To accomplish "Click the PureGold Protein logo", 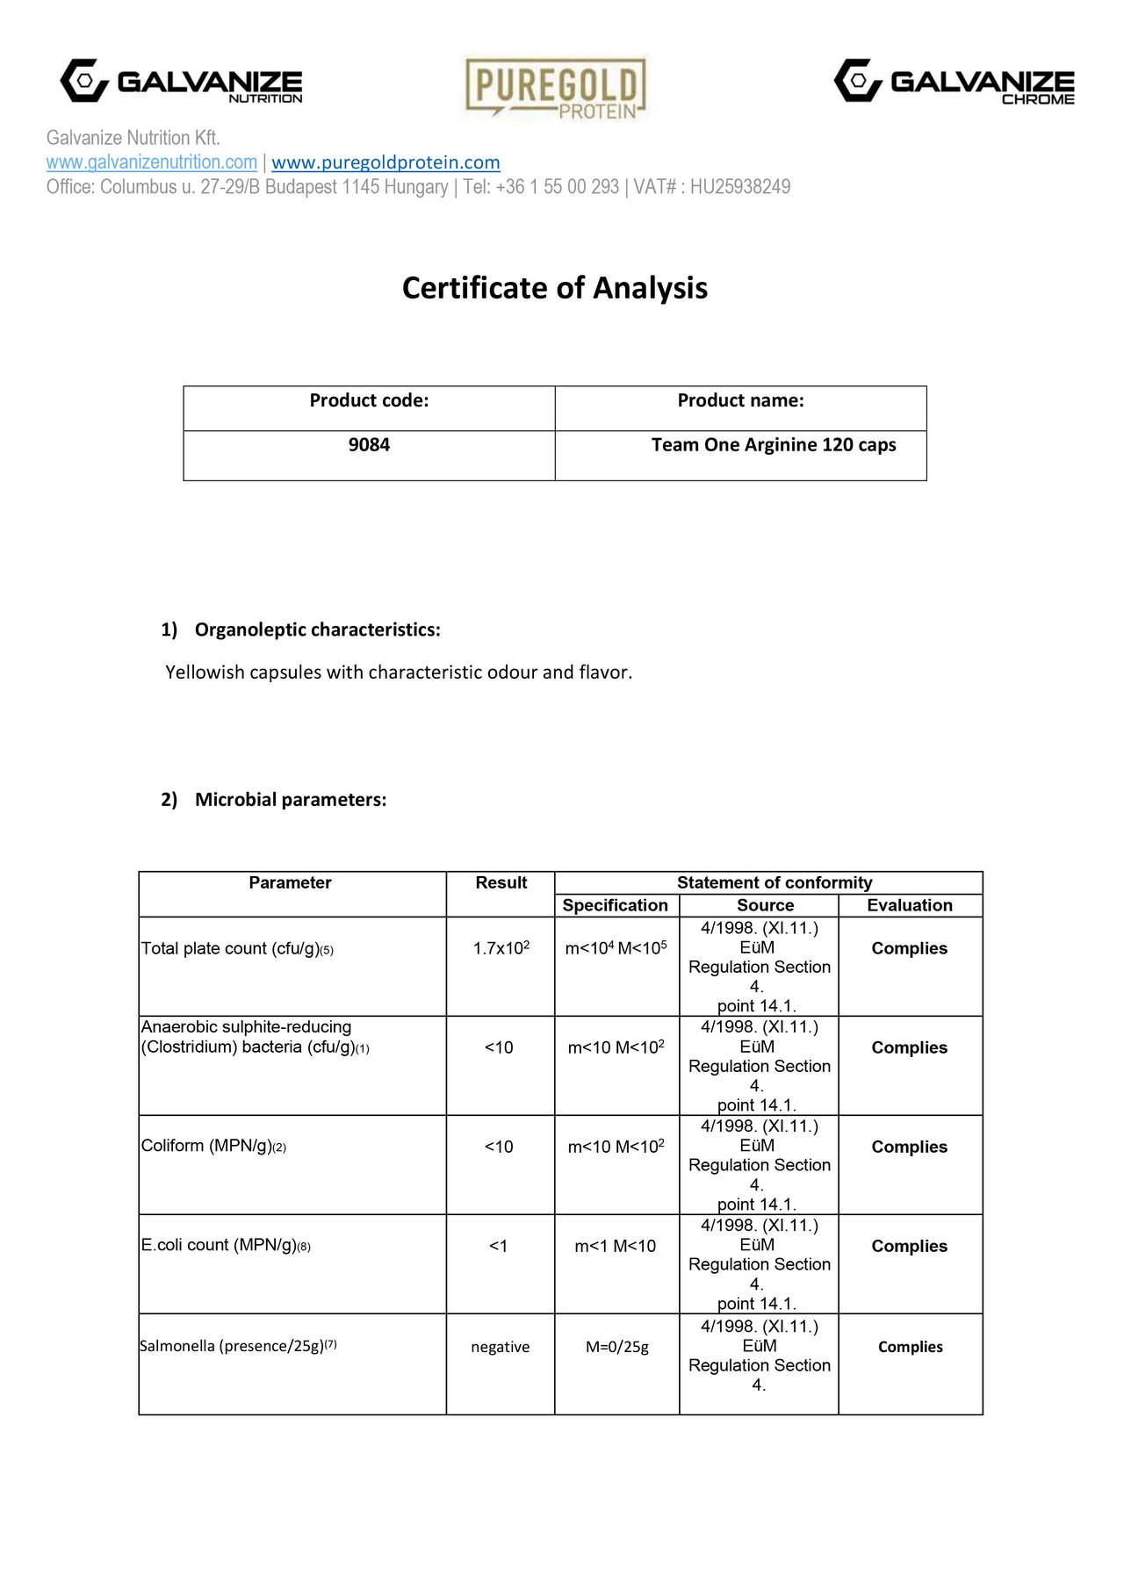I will click(555, 87).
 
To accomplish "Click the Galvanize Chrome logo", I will click(954, 82).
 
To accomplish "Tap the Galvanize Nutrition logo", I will click(181, 82).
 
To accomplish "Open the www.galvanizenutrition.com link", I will click(152, 162).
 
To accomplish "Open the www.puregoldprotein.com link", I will click(385, 162).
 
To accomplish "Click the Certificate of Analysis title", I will click(555, 288).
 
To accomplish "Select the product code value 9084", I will click(369, 445).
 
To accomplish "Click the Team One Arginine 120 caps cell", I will click(774, 445).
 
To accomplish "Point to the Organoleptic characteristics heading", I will click(317, 630).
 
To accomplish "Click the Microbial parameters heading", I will click(291, 800).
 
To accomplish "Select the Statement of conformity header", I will click(775, 882).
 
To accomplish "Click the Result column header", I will click(501, 882).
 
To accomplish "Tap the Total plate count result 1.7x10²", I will click(501, 948).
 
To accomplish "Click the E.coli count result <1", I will click(499, 1246).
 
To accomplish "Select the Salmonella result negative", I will click(501, 1347).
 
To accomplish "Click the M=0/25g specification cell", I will click(617, 1347).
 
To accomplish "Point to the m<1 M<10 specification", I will click(616, 1246).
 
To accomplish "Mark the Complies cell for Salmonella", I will click(911, 1347).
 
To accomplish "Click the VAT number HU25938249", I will click(739, 187).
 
